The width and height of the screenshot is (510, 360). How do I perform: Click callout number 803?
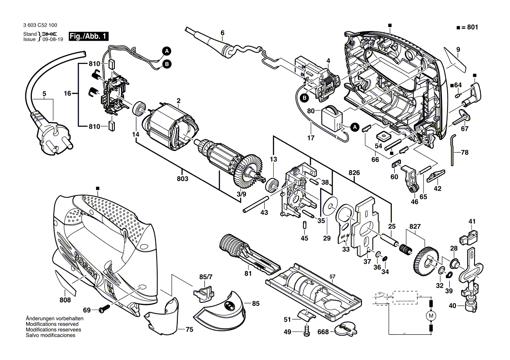pos(183,179)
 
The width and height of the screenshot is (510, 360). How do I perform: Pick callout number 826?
pos(354,173)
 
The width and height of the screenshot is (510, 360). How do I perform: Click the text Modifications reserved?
pos(52,325)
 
